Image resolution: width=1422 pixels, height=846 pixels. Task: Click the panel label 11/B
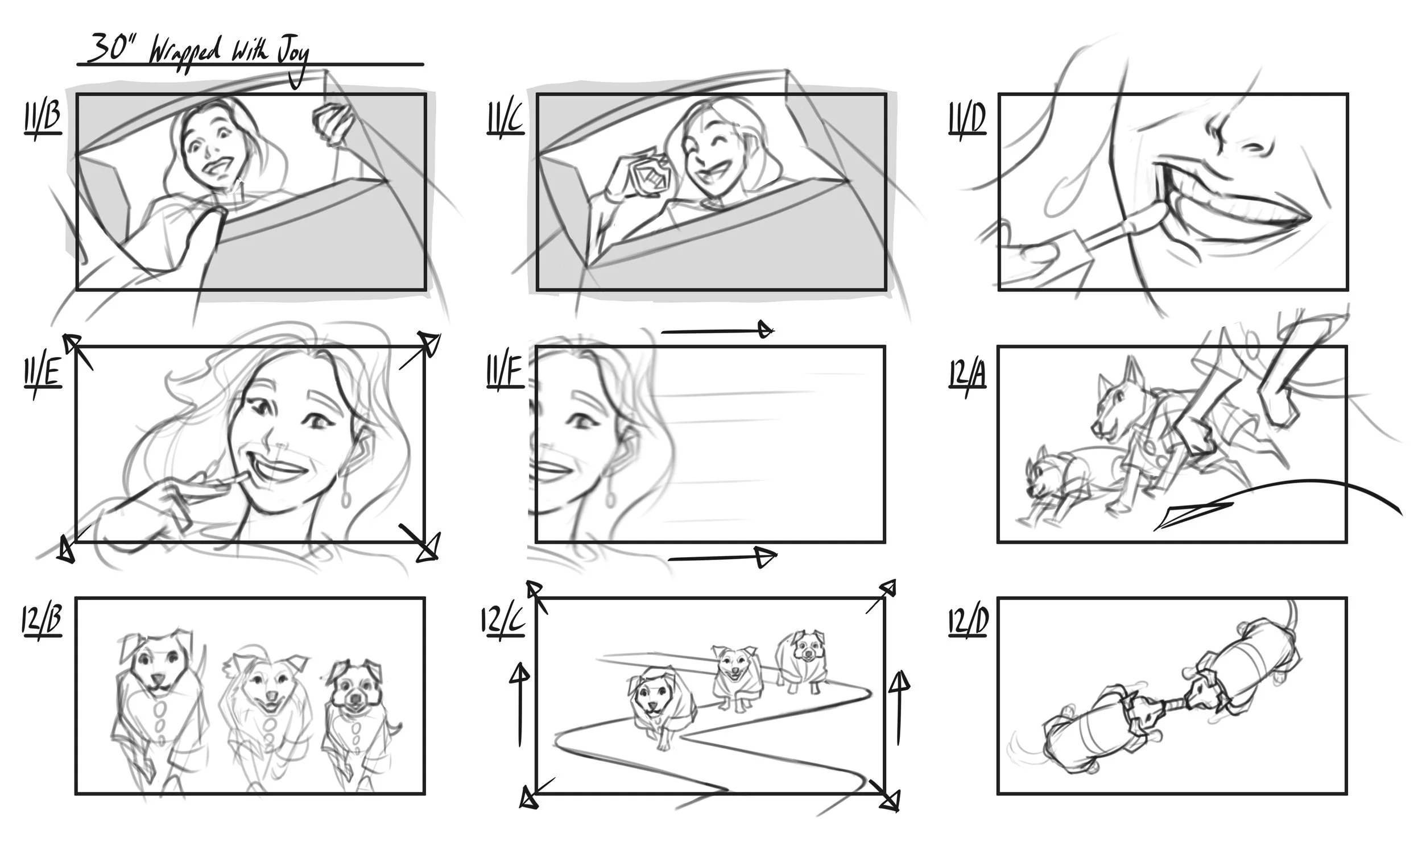click(43, 119)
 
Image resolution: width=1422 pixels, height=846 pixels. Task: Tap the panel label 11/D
click(967, 119)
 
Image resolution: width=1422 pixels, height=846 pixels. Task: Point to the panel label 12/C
click(502, 621)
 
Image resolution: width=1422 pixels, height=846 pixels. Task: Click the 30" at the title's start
click(110, 49)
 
